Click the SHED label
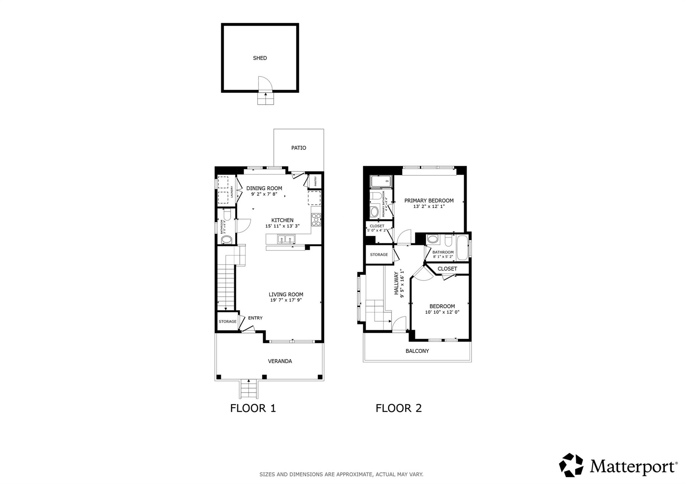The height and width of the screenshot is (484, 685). click(260, 58)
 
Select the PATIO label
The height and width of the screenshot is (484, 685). click(298, 148)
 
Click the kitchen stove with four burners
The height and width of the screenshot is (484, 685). click(316, 220)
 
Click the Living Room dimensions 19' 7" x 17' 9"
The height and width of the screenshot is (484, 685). click(286, 300)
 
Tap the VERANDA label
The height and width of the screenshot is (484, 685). click(280, 361)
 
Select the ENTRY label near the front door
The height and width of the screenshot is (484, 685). click(255, 318)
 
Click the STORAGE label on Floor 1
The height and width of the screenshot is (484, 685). click(227, 321)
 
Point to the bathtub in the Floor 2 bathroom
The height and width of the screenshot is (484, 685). click(463, 248)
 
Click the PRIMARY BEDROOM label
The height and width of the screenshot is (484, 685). click(429, 201)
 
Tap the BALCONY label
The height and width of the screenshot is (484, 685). click(417, 351)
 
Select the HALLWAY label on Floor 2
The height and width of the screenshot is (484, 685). click(397, 283)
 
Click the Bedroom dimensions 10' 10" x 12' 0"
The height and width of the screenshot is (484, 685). click(442, 312)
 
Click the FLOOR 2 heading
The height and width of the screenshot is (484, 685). click(398, 408)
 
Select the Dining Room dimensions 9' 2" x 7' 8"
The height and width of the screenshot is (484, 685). click(264, 194)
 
